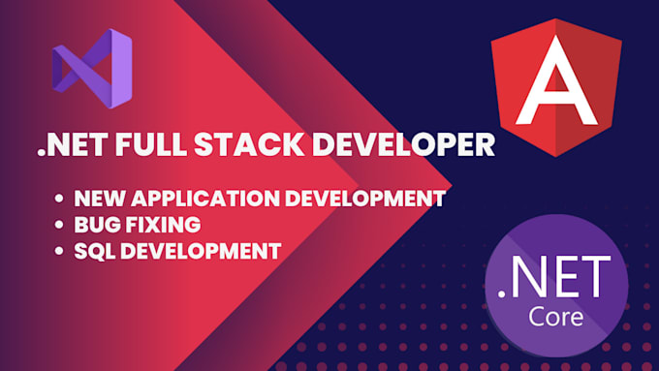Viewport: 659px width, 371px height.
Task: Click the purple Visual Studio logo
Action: pyautogui.click(x=92, y=69)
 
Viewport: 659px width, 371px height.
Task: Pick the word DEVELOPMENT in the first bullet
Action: pyautogui.click(x=369, y=200)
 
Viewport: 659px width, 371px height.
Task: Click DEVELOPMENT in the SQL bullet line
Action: pyautogui.click(x=204, y=251)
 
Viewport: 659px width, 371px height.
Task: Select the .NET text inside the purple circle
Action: pyautogui.click(x=553, y=276)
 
